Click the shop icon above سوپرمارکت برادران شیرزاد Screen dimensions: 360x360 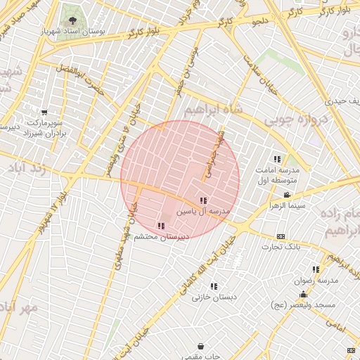pyautogui.click(x=44, y=112)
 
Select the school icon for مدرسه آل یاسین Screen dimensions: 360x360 pyautogui.click(x=203, y=200)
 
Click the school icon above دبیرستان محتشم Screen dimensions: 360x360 pyautogui.click(x=161, y=226)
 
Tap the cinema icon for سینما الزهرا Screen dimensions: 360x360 pyautogui.click(x=286, y=195)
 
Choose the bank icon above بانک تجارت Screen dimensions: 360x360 pyautogui.click(x=281, y=236)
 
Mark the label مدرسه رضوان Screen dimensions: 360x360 pyautogui.click(x=316, y=280)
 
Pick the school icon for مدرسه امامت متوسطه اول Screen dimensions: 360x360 pyautogui.click(x=276, y=159)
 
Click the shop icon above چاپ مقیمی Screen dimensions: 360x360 pyautogui.click(x=201, y=346)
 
